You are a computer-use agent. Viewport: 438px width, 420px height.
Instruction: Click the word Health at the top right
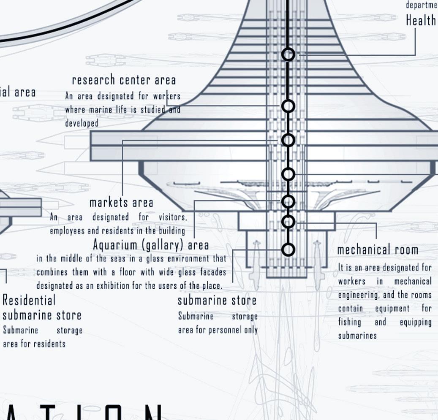pyautogui.click(x=421, y=20)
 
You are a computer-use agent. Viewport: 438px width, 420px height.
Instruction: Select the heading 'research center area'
pyautogui.click(x=124, y=80)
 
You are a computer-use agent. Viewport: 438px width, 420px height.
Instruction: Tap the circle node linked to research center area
pyautogui.click(x=288, y=106)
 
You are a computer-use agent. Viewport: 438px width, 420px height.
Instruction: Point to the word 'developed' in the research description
pyautogui.click(x=82, y=123)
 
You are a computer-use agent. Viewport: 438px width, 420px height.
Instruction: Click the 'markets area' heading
pyautogui.click(x=121, y=203)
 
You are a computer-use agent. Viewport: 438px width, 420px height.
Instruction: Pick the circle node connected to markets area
pyautogui.click(x=288, y=140)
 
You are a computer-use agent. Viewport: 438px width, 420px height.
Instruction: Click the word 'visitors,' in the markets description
pyautogui.click(x=172, y=217)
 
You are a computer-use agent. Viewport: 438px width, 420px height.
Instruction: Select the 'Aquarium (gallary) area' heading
pyautogui.click(x=151, y=245)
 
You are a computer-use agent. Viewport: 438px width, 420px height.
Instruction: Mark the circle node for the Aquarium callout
pyautogui.click(x=288, y=201)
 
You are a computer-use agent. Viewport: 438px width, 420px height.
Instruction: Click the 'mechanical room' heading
pyautogui.click(x=378, y=250)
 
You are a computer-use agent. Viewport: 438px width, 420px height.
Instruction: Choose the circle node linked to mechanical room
pyautogui.click(x=288, y=221)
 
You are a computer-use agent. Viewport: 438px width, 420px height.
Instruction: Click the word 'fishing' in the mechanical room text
pyautogui.click(x=349, y=322)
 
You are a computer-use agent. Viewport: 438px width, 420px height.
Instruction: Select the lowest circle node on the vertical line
pyautogui.click(x=288, y=250)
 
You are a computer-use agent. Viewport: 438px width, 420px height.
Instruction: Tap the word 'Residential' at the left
pyautogui.click(x=29, y=301)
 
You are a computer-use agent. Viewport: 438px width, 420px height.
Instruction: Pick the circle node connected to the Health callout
pyautogui.click(x=288, y=54)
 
